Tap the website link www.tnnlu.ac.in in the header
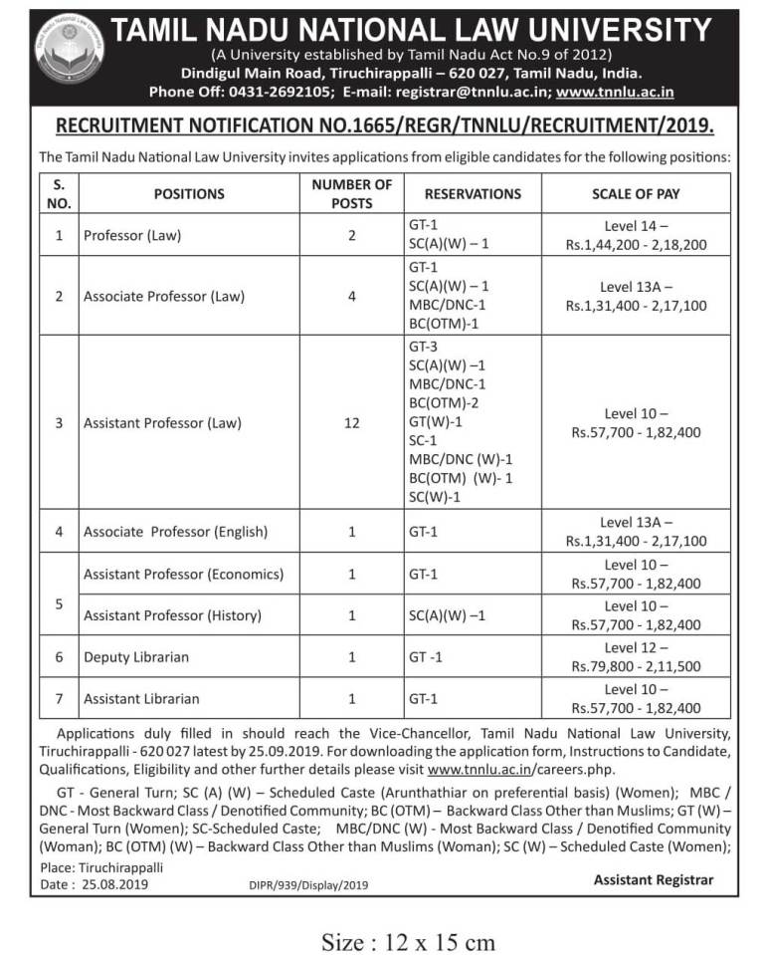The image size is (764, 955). [616, 93]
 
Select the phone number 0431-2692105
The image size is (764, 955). [287, 93]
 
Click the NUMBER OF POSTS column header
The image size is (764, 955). [351, 193]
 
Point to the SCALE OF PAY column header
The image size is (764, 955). [636, 193]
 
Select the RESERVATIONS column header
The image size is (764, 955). [473, 193]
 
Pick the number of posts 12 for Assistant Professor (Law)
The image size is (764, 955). [351, 422]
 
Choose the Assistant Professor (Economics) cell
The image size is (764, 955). [183, 575]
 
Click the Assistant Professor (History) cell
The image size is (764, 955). [172, 615]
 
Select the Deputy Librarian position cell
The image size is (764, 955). [136, 657]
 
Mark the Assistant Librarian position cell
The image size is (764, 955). [141, 699]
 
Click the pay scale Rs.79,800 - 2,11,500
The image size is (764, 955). [636, 666]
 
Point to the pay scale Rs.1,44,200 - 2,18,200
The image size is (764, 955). [636, 244]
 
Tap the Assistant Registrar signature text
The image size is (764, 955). [653, 879]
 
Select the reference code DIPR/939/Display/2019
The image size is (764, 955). [307, 884]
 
